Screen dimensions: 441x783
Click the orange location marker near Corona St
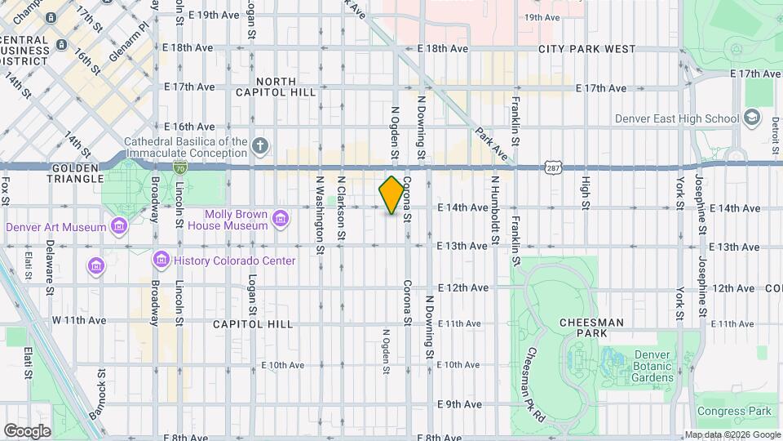click(x=391, y=196)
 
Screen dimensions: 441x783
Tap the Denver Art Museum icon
click(x=121, y=226)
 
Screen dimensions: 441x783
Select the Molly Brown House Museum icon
click(x=281, y=218)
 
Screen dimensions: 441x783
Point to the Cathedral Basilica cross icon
click(x=259, y=147)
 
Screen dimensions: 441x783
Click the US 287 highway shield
click(x=553, y=167)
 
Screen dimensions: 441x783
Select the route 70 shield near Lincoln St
click(x=179, y=167)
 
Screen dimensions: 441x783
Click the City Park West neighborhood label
click(x=586, y=49)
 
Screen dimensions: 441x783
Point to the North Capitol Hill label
click(x=285, y=87)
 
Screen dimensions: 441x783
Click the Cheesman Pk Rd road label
click(x=535, y=376)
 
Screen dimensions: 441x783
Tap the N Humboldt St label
click(x=494, y=212)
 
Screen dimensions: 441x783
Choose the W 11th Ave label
click(x=80, y=320)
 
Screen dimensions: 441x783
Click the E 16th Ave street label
click(x=189, y=127)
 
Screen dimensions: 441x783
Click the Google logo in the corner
click(x=27, y=430)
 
